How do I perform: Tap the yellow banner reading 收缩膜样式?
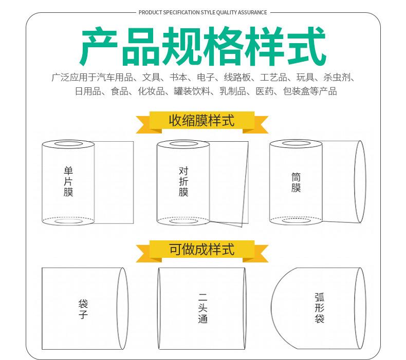(x=201, y=121)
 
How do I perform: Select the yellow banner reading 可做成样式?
(x=201, y=250)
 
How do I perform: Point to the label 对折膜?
(x=183, y=182)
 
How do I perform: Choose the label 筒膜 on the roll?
(x=296, y=182)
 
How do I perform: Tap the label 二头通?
(x=202, y=309)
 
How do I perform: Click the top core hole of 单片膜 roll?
(x=68, y=144)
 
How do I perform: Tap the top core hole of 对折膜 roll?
(x=183, y=144)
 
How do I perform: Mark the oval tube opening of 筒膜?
(x=360, y=182)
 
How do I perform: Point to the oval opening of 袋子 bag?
(x=123, y=309)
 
